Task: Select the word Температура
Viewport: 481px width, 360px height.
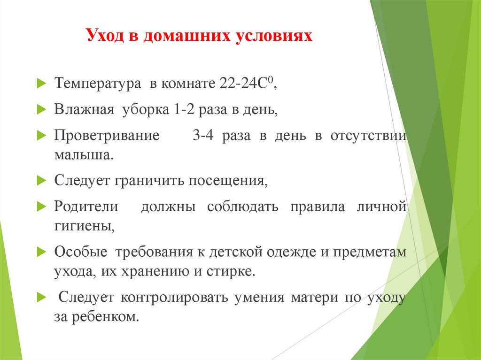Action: point(97,84)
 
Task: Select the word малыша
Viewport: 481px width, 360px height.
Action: point(84,155)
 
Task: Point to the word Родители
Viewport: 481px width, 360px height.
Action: point(86,207)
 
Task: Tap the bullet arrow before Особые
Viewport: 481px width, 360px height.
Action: point(41,252)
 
